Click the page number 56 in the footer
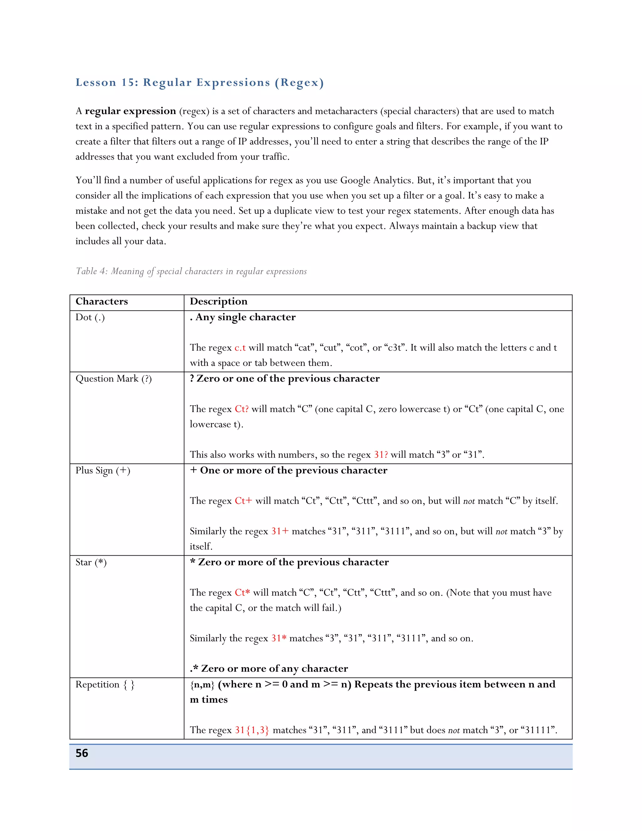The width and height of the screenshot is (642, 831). coord(82,753)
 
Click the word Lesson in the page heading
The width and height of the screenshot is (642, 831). coord(96,82)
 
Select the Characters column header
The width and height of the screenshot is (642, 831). coord(102,301)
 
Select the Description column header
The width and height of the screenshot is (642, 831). coord(218,301)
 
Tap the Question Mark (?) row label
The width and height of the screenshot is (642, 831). coord(113,378)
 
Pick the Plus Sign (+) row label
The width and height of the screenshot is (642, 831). coord(103,471)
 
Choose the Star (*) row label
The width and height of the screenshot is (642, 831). coord(91,562)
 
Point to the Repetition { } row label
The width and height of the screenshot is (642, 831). coord(105,685)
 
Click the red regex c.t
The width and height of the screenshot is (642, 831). coord(240,348)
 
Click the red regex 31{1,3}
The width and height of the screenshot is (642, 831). coord(251,730)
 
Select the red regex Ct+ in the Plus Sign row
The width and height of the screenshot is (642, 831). coord(243,501)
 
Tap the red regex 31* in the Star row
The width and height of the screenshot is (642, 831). coord(278,638)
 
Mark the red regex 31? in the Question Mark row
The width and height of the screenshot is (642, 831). coord(381,455)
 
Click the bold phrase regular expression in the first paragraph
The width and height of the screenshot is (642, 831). coord(130,111)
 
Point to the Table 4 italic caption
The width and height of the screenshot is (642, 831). coord(191,271)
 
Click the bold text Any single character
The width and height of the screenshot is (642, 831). coord(245,317)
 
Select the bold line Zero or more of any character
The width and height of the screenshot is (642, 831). coord(269,669)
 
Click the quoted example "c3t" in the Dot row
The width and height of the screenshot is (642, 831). coord(395,348)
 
